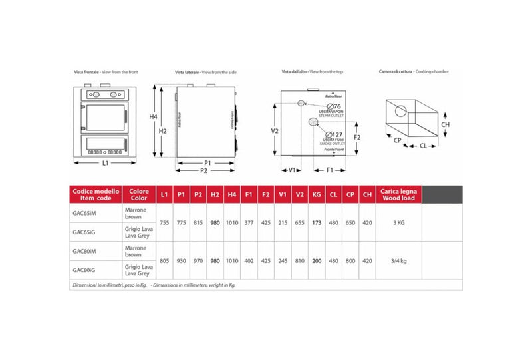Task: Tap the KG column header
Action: click(316, 195)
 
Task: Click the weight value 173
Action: click(316, 222)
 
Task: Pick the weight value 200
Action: click(316, 260)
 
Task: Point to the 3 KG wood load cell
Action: click(398, 222)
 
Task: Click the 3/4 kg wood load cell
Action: click(398, 260)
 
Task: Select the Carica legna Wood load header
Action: click(398, 194)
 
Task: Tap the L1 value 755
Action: click(164, 222)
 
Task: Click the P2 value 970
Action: click(198, 260)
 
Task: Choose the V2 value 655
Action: click(299, 222)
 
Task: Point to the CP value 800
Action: click(350, 260)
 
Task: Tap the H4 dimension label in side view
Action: click(153, 117)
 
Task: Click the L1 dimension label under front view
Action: click(106, 162)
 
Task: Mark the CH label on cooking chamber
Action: click(445, 124)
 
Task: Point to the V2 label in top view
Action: click(274, 131)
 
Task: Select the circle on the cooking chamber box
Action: click(401, 110)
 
